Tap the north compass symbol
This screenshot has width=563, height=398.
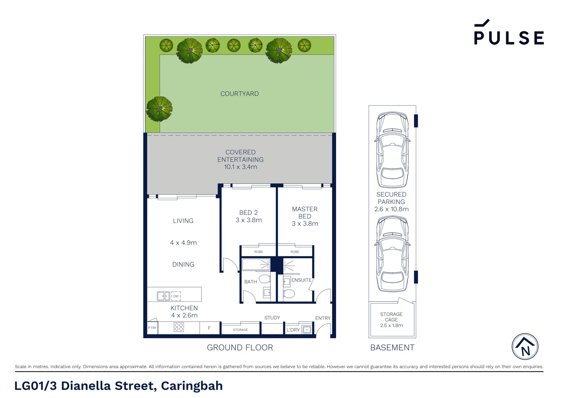click(x=525, y=346)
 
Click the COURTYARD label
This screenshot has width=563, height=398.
click(x=239, y=94)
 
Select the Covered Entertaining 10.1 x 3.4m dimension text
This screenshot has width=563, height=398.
click(x=241, y=167)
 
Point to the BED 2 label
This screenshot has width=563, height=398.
click(x=248, y=213)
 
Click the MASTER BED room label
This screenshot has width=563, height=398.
click(x=305, y=213)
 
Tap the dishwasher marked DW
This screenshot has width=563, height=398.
click(x=176, y=296)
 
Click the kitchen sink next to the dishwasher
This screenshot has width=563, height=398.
click(x=163, y=296)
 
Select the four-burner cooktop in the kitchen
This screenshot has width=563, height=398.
click(x=179, y=327)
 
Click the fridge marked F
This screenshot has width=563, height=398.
click(x=209, y=328)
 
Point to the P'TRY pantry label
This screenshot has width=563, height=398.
click(x=152, y=328)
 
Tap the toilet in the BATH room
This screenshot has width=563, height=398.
click(x=265, y=279)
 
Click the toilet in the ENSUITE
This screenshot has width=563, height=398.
click(x=289, y=294)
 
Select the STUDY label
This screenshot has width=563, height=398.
click(x=272, y=318)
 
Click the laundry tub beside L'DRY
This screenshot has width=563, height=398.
click(x=307, y=329)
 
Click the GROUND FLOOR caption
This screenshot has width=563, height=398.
click(x=240, y=348)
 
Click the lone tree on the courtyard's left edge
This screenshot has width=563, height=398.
click(x=159, y=109)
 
